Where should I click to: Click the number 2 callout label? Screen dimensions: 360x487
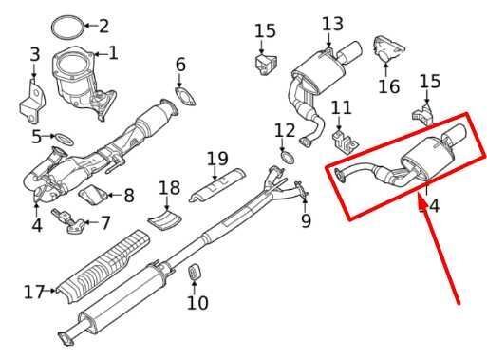pyautogui.click(x=103, y=27)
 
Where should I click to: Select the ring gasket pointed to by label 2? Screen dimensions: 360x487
pyautogui.click(x=64, y=25)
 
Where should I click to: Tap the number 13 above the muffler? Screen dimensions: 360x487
pyautogui.click(x=332, y=24)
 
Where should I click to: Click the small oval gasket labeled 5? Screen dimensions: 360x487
pyautogui.click(x=62, y=139)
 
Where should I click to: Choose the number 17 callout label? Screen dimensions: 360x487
pyautogui.click(x=34, y=292)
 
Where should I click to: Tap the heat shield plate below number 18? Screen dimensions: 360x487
pyautogui.click(x=165, y=221)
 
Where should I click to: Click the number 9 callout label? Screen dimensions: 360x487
pyautogui.click(x=305, y=222)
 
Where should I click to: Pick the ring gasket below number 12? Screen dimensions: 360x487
pyautogui.click(x=285, y=155)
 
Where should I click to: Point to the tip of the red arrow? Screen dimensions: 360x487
pyautogui.click(x=419, y=198)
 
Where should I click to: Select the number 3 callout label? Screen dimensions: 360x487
pyautogui.click(x=34, y=55)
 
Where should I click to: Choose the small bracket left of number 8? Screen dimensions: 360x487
pyautogui.click(x=92, y=196)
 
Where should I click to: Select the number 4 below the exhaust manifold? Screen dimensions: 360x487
pyautogui.click(x=36, y=226)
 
